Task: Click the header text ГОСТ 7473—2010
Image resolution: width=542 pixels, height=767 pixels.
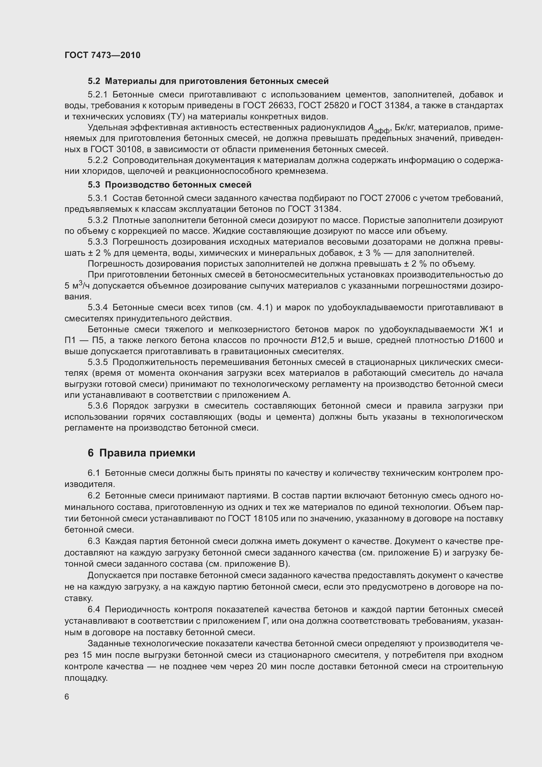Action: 103,55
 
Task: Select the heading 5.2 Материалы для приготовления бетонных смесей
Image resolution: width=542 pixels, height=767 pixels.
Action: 208,81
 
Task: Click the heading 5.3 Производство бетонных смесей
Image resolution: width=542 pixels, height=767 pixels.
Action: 170,185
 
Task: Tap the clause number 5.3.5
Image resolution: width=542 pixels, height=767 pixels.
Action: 98,362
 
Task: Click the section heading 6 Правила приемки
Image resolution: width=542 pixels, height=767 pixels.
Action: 141,453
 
